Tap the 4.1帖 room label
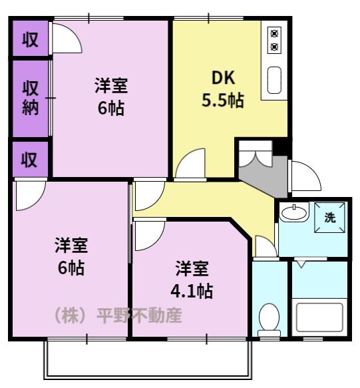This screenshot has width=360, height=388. coord(192,280)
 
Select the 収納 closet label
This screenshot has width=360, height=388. coord(31,98)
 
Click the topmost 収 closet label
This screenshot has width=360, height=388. coord(30,40)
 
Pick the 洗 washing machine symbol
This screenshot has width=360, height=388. coord(331,216)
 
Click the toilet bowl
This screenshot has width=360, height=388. coord(269,317)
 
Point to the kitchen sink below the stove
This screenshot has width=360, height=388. coord(274,80)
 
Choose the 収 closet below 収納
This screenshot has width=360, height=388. coord(30,160)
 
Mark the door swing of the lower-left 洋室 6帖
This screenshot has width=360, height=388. coord(29,196)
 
